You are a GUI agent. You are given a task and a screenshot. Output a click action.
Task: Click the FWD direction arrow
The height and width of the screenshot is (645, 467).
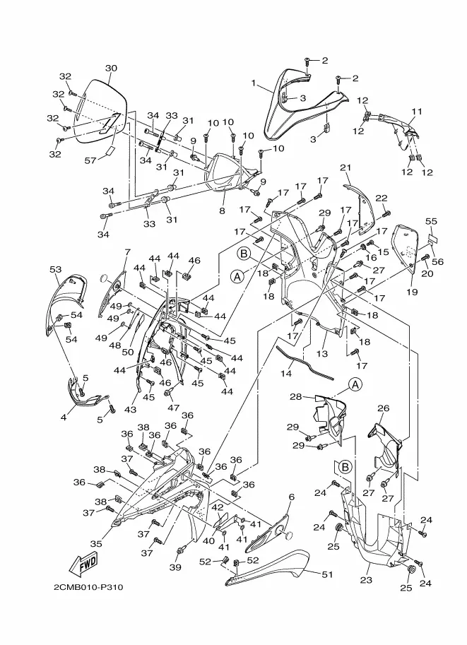(83, 564)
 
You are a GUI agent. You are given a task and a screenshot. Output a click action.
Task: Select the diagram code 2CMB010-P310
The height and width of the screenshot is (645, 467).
(88, 586)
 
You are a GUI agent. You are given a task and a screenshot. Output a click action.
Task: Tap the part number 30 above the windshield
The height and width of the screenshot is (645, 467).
(111, 69)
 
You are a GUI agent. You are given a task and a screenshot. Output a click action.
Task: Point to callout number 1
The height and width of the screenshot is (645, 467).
(254, 83)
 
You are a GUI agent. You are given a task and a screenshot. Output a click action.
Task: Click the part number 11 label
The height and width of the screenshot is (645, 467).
(417, 112)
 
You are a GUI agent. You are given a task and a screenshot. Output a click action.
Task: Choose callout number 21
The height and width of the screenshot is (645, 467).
(345, 167)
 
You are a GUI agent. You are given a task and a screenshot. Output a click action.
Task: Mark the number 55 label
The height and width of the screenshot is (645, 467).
(431, 221)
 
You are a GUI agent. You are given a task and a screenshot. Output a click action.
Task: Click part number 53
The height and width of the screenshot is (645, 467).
(56, 269)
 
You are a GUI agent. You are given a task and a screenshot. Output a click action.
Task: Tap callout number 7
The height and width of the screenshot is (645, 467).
(128, 252)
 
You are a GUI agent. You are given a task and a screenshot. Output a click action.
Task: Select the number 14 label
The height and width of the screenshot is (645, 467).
(286, 373)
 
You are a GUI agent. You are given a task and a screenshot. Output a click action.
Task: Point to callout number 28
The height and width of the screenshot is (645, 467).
(296, 396)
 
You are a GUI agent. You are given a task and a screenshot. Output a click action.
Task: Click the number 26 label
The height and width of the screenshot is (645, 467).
(384, 408)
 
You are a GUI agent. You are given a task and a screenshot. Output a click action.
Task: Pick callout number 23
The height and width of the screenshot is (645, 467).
(366, 580)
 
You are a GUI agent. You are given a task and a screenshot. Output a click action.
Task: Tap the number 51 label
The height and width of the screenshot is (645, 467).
(327, 574)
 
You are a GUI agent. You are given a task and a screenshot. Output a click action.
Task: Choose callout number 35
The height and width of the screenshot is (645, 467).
(96, 544)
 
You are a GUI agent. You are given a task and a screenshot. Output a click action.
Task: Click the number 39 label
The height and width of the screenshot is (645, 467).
(176, 568)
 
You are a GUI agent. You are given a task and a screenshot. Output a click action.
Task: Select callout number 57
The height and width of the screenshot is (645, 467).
(90, 160)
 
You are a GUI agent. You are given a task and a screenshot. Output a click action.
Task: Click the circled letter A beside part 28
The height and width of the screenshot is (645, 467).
(355, 384)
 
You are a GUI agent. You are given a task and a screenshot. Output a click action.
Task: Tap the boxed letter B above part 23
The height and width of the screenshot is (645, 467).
(345, 467)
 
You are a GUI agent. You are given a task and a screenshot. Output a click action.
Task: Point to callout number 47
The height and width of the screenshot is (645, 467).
(174, 408)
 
